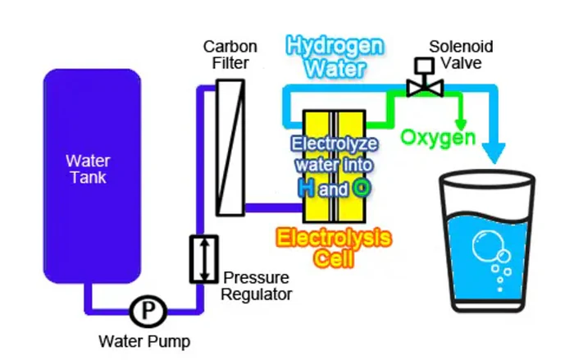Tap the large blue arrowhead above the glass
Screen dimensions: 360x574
tap(493, 150)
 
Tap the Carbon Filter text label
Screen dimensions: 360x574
tap(229, 52)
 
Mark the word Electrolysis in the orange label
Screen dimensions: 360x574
tap(333, 240)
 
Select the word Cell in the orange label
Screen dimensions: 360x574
tap(332, 262)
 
